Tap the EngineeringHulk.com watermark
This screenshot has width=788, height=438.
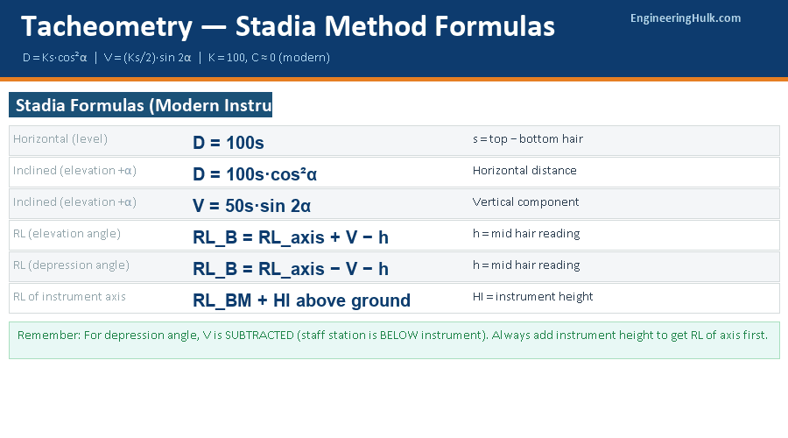pyautogui.click(x=685, y=18)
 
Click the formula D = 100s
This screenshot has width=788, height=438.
pyautogui.click(x=228, y=143)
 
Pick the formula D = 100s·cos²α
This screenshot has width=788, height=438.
pyautogui.click(x=255, y=174)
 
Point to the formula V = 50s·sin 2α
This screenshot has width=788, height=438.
pyautogui.click(x=252, y=206)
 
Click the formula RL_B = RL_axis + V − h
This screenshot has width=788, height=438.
pyautogui.click(x=290, y=237)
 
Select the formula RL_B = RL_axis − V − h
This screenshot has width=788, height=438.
pyautogui.click(x=290, y=269)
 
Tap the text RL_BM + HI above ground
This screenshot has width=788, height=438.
pyautogui.click(x=301, y=300)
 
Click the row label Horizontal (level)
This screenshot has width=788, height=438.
pyautogui.click(x=60, y=139)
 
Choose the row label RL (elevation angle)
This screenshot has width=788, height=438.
pyautogui.click(x=67, y=234)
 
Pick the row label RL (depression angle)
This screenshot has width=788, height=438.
pyautogui.click(x=71, y=265)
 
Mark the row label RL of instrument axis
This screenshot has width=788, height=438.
pyautogui.click(x=69, y=297)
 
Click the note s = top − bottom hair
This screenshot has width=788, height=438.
pyautogui.click(x=527, y=139)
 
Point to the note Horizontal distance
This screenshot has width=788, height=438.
pyautogui.click(x=524, y=171)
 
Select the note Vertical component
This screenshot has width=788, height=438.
pyautogui.click(x=525, y=202)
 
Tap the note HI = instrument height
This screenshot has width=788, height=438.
pyautogui.click(x=532, y=297)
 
